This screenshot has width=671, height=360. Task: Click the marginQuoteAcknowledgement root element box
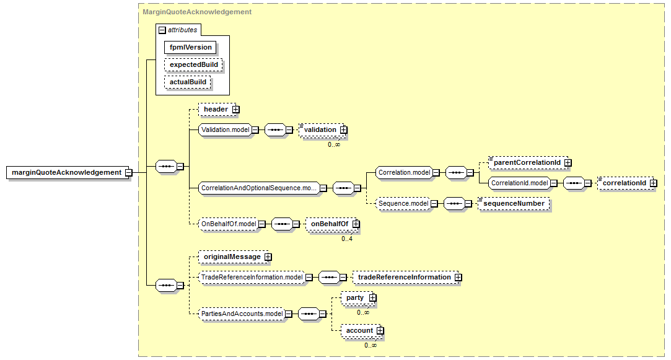tap(66, 172)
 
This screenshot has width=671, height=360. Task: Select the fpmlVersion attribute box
tap(191, 47)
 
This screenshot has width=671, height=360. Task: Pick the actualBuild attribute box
tap(188, 82)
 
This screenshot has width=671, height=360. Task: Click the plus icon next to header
tap(236, 110)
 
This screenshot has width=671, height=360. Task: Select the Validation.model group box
tap(225, 130)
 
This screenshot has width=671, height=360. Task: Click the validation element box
tap(320, 130)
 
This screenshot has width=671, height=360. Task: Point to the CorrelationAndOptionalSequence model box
tap(259, 187)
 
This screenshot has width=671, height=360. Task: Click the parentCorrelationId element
tap(527, 163)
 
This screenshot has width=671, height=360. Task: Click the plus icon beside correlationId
tap(653, 183)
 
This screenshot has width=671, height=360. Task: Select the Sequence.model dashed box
tap(403, 203)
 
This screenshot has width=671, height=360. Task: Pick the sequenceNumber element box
tap(514, 203)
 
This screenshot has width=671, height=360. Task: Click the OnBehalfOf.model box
tap(228, 224)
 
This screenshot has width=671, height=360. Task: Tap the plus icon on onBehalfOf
tap(356, 224)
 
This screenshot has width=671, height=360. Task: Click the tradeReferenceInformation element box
tap(404, 277)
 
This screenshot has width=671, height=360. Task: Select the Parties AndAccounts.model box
tap(242, 314)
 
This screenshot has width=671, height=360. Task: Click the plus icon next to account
tap(380, 331)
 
